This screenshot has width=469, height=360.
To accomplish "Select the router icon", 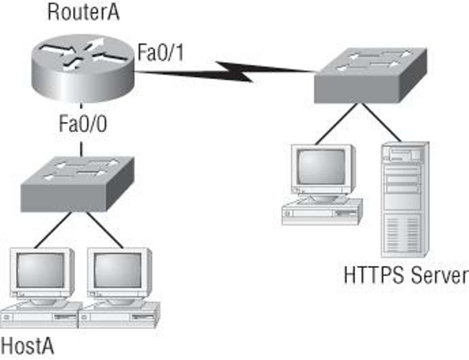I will (83, 68).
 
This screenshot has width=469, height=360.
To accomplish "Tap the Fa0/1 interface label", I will (160, 53).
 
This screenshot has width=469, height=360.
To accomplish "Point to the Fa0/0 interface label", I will (83, 124).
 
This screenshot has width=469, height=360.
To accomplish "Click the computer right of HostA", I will (119, 286).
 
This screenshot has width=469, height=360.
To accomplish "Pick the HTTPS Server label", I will (405, 275).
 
